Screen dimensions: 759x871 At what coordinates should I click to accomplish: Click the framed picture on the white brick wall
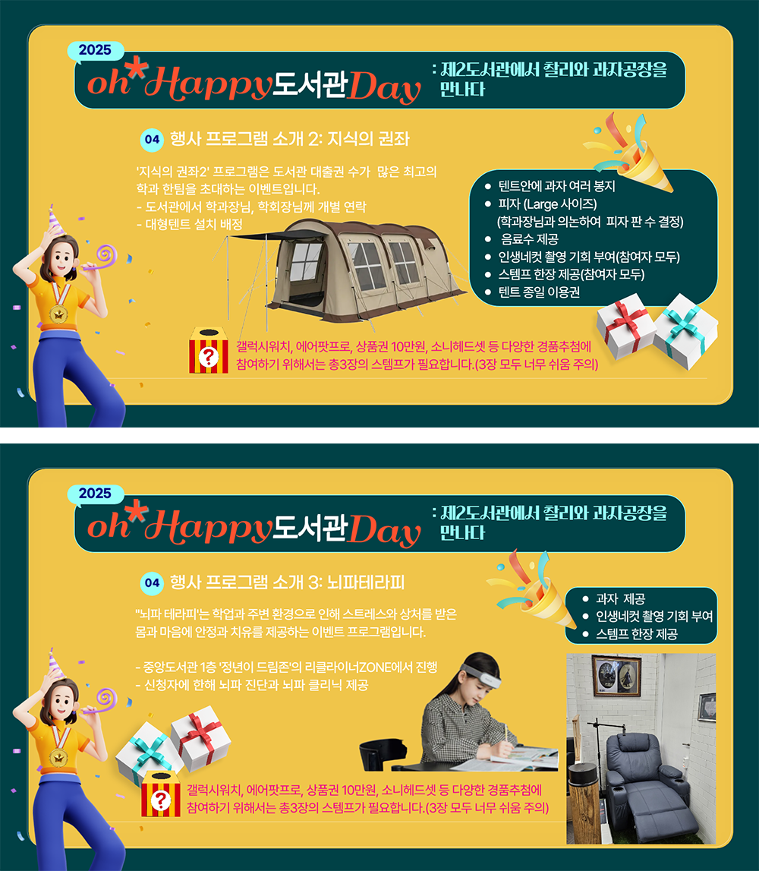click(616, 676)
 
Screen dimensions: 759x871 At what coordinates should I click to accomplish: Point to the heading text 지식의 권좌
click(368, 138)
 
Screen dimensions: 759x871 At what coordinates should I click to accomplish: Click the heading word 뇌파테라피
click(365, 582)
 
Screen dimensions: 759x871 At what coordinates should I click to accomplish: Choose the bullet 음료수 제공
click(529, 239)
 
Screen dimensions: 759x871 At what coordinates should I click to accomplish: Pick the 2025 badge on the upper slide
click(95, 50)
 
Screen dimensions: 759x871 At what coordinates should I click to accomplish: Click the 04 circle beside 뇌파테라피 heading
click(152, 582)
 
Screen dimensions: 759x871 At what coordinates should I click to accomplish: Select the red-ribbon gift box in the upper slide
click(626, 327)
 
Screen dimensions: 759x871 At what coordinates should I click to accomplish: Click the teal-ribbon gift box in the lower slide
click(149, 750)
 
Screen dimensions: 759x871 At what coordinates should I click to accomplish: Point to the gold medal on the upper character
click(58, 314)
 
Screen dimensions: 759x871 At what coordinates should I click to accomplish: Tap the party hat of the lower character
click(54, 663)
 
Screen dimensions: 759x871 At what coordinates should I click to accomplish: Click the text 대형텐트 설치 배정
click(189, 225)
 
